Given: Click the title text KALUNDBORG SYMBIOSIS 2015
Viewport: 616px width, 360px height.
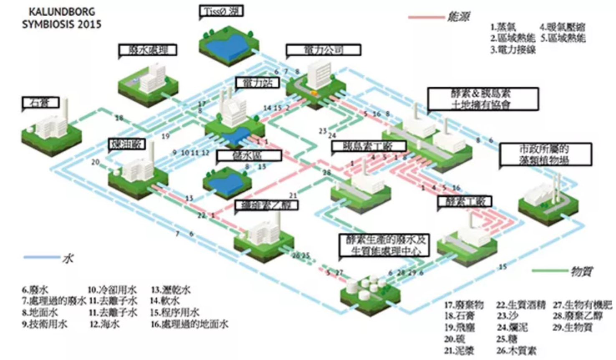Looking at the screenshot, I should tap(62, 18).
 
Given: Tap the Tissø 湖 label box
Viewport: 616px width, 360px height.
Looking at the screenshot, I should tap(222, 11).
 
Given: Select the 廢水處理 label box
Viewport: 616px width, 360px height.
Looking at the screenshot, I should tap(147, 51).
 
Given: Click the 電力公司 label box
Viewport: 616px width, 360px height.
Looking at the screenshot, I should tap(323, 50).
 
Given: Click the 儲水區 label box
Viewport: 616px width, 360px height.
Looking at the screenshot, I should tap(249, 156).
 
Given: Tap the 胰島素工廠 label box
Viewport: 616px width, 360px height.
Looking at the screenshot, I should tap(368, 146).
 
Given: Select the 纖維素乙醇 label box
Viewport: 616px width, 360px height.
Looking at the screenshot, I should tap(266, 205).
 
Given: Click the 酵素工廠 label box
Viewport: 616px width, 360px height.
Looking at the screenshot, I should tap(465, 202).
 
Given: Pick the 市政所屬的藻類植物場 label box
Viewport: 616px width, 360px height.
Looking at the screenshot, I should tap(545, 155).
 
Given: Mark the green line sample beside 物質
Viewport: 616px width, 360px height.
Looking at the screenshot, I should tap(550, 271).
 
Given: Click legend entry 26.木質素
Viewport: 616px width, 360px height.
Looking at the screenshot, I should tap(516, 350).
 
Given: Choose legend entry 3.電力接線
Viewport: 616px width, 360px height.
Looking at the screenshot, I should tap(513, 50).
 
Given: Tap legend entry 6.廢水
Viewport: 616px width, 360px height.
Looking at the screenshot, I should tap(35, 289).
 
